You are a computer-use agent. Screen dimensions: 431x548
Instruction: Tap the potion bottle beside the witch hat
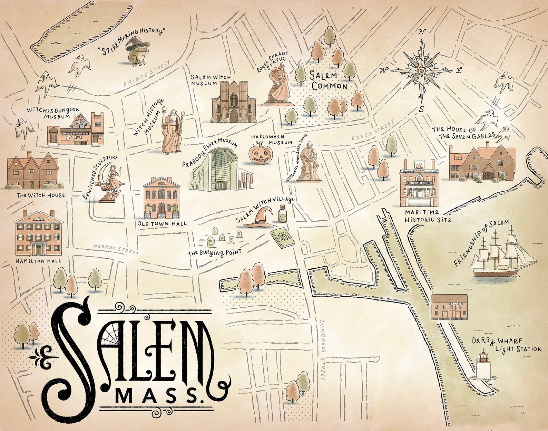point(283,214)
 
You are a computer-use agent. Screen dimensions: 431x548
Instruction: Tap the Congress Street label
point(323,349)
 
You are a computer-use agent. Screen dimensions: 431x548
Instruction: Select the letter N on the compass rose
point(421,32)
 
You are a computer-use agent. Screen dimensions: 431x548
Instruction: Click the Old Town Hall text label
point(162,223)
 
